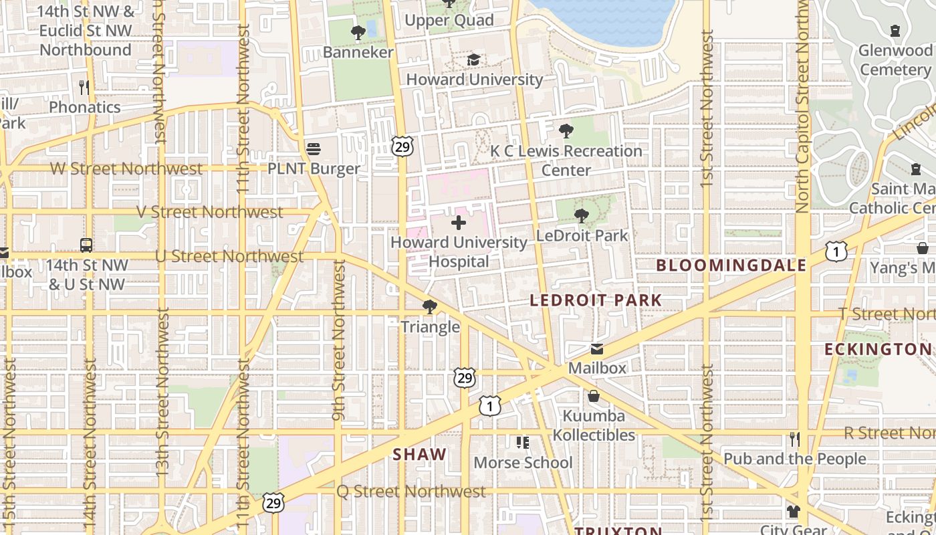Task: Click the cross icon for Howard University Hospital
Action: (459, 223)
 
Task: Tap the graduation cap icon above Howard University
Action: (473, 60)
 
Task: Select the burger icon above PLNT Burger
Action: (313, 148)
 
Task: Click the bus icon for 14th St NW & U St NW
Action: (86, 245)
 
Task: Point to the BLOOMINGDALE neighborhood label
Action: (731, 265)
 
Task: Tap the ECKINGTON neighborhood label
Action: (877, 349)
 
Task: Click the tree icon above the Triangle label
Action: (430, 307)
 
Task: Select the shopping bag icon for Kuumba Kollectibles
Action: (593, 397)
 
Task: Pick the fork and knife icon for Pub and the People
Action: (794, 439)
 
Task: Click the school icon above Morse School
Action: (522, 443)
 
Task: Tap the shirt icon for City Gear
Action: (793, 512)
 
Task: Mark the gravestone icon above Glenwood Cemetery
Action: (895, 31)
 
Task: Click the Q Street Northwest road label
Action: (411, 492)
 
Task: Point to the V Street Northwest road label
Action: (210, 212)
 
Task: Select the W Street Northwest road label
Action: (126, 169)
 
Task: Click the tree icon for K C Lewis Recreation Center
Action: (566, 131)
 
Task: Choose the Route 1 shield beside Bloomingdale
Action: (836, 251)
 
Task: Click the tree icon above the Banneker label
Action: (358, 32)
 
